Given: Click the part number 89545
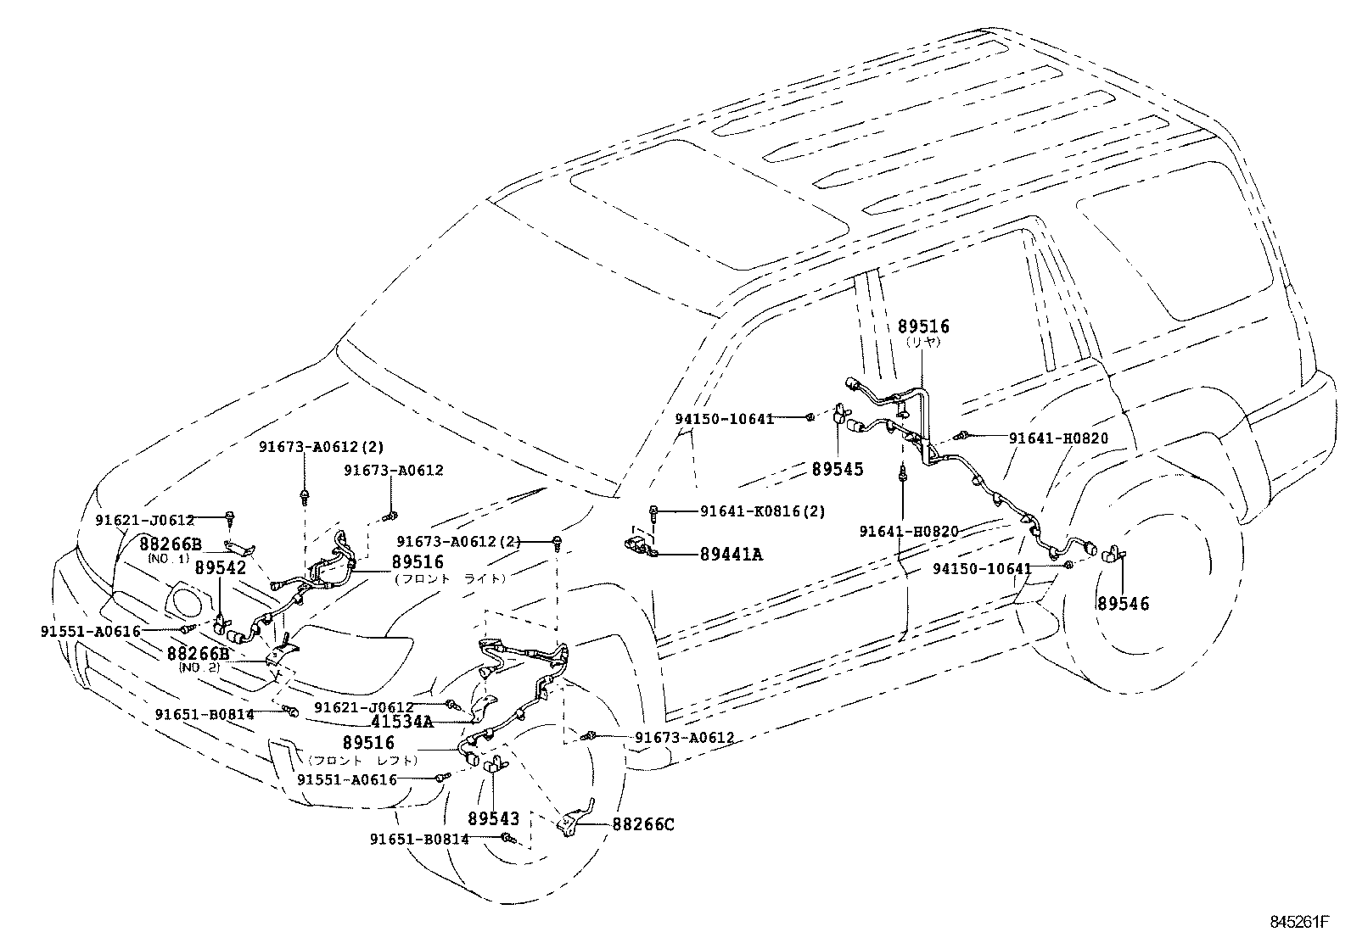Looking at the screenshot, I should click(x=837, y=469).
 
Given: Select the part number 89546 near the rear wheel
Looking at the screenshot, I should click(x=1122, y=604).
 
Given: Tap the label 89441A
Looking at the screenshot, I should click(x=731, y=555).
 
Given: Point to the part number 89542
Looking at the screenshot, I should click(x=221, y=567).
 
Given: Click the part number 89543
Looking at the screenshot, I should click(x=492, y=819).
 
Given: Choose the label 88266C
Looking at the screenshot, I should click(x=642, y=823).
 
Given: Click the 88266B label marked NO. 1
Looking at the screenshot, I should click(x=171, y=544).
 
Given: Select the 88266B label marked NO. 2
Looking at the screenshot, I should click(x=198, y=654).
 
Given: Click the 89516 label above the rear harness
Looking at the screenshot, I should click(x=924, y=326).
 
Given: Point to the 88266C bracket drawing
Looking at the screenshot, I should click(x=574, y=821).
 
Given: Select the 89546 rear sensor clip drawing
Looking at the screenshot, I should click(x=1113, y=555).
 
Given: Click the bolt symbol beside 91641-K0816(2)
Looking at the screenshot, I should click(x=654, y=511).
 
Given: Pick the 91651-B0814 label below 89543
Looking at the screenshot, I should click(x=419, y=839).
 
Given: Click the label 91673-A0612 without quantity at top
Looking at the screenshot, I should click(x=394, y=470).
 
